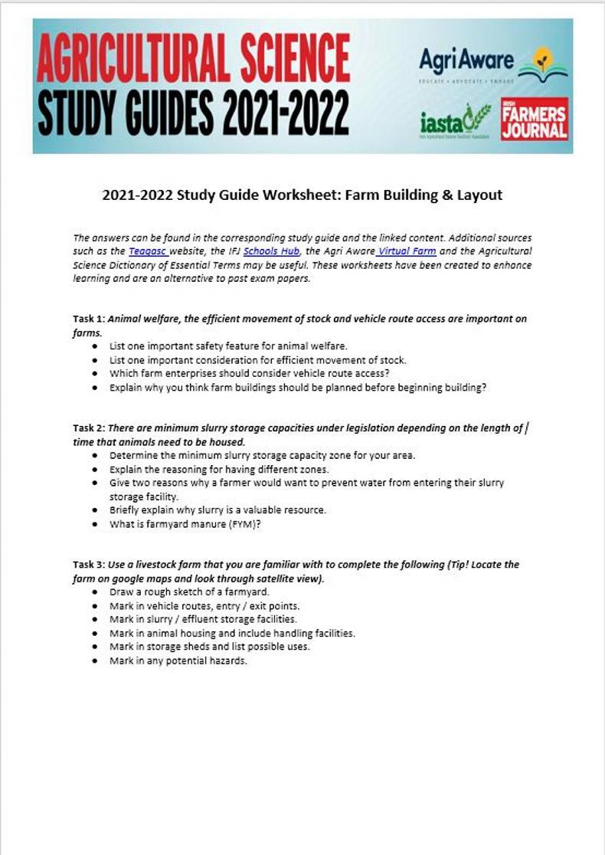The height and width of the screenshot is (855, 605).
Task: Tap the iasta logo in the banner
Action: coord(455,121)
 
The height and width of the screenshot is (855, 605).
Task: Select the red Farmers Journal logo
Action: coord(535,119)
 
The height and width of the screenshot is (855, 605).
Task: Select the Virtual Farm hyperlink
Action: coord(406,251)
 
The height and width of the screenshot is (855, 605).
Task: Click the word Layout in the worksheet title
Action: coord(479,195)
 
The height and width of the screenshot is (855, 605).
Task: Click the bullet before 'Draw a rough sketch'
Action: coord(93,592)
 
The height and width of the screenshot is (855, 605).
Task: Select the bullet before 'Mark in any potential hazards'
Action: coord(93,661)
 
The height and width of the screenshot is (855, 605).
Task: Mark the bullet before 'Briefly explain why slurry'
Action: coord(93,510)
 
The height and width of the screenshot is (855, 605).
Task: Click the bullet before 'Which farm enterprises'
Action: coord(93,373)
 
